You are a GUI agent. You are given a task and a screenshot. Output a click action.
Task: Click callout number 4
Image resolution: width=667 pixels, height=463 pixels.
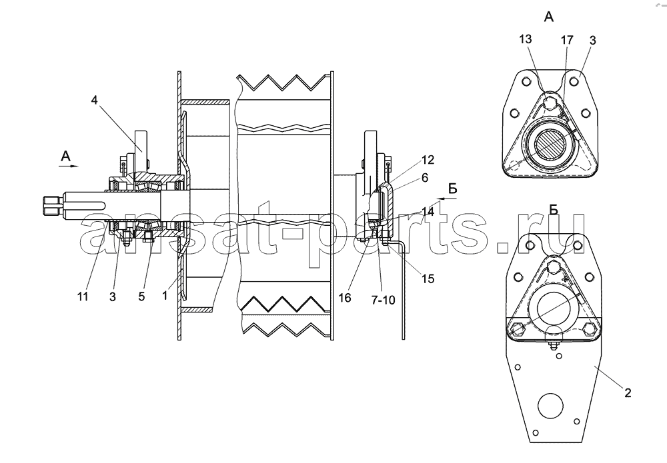[94, 100]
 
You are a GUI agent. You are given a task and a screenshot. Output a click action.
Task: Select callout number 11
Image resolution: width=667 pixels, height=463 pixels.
[83, 296]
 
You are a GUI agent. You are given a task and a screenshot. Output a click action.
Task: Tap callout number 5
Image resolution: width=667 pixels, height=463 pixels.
[141, 296]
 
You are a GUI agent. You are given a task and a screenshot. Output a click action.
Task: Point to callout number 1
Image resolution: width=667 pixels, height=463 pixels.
[165, 296]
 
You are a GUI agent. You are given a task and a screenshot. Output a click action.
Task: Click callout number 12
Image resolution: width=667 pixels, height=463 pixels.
[428, 160]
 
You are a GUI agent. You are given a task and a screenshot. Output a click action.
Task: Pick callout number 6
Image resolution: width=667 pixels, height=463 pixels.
[425, 178]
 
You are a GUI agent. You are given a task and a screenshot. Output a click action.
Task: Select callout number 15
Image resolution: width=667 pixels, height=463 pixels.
[428, 278]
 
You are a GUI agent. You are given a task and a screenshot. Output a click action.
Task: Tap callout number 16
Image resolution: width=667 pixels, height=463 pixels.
[345, 298]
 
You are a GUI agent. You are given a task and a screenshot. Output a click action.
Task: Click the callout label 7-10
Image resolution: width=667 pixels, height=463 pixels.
[383, 300]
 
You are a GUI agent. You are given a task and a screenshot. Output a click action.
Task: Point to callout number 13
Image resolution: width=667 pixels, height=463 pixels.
[526, 39]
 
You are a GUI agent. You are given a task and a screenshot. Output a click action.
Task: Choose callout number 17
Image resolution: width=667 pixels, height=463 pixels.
[567, 40]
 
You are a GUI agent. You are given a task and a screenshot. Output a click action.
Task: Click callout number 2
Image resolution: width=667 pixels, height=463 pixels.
[628, 393]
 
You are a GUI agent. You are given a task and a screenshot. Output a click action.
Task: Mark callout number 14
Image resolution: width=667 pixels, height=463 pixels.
[428, 212]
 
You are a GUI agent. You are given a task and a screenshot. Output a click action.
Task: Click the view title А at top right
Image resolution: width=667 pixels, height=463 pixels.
[549, 17]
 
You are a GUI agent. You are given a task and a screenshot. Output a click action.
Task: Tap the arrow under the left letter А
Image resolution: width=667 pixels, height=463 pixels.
[69, 166]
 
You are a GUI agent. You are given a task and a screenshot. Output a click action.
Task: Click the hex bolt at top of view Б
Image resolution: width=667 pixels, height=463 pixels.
[554, 266]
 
